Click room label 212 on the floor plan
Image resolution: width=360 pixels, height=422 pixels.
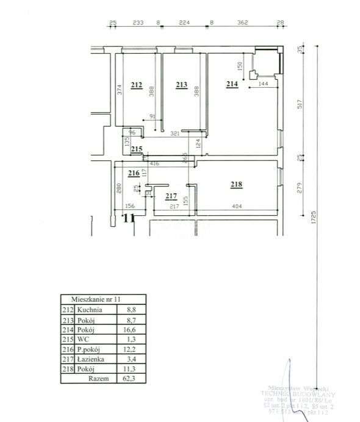pos(137,85)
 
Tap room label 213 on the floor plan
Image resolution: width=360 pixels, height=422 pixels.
pos(181,85)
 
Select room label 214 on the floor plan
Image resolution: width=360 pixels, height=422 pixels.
pos(232,85)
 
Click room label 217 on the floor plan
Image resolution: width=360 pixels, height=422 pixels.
pos(171,196)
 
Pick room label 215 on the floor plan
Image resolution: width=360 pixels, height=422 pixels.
pos(136,149)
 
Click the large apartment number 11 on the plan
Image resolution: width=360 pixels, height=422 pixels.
pos(128,218)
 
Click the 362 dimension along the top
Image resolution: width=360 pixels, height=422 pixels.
pos(243,23)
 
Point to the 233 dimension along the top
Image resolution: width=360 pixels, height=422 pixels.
pos(138,23)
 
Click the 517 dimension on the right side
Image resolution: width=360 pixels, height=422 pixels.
pos(299,104)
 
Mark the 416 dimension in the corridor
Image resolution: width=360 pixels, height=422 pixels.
pos(154,164)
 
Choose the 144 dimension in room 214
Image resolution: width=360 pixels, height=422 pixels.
pos(264,84)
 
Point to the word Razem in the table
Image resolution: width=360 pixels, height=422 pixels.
pos(98,378)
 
